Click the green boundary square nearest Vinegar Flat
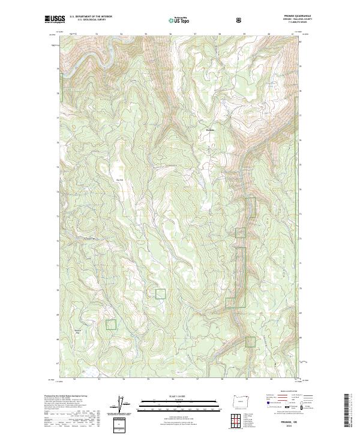[110, 324]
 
